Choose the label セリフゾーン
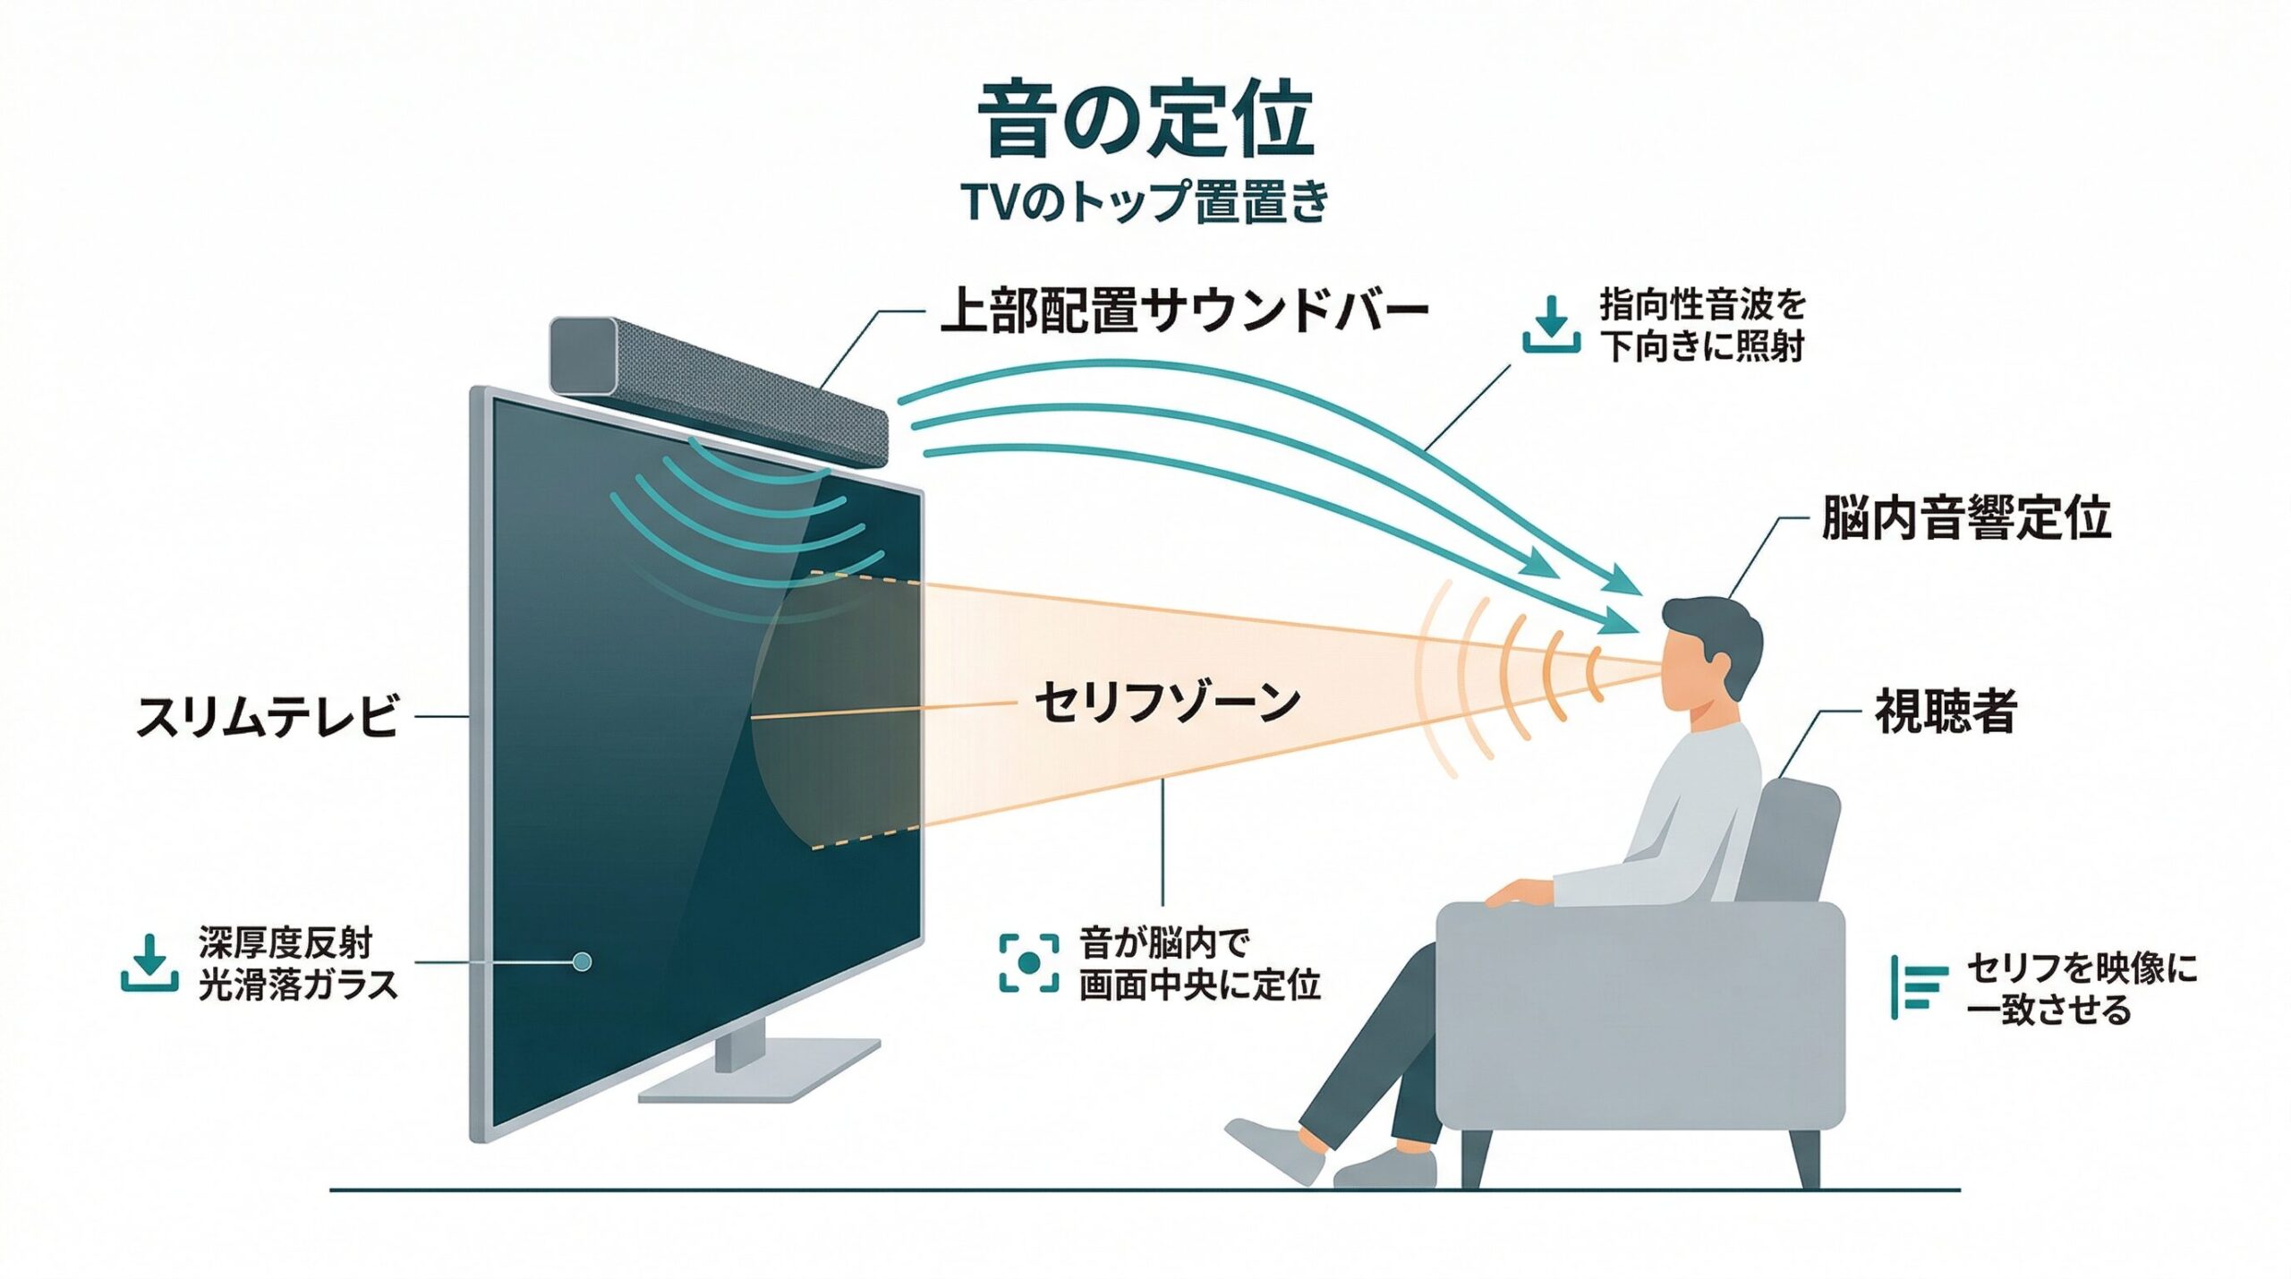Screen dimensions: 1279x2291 point(1166,703)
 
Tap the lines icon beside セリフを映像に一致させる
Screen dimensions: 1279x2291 point(1919,987)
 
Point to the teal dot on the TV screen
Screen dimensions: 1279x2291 point(582,962)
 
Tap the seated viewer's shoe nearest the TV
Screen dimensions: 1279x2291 point(1275,1150)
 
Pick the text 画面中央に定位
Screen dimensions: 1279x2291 point(1199,985)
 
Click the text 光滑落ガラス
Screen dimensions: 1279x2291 point(297,985)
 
